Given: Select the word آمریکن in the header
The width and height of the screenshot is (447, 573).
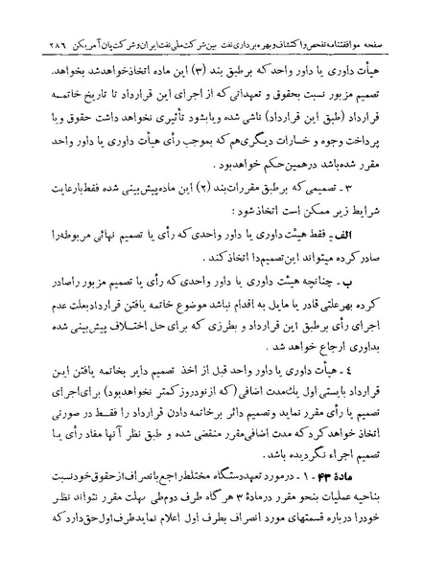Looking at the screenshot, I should pyautogui.click(x=84, y=18).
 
